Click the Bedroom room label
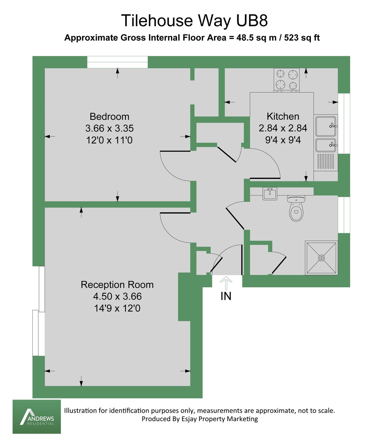109,116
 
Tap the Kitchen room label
283,116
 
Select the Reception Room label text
117,285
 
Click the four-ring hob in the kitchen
287,80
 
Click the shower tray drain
322,258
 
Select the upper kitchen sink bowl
326,126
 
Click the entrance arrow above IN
226,283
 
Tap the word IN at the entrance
226,296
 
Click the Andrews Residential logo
36,417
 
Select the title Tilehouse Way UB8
194,21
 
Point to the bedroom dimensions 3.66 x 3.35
109,129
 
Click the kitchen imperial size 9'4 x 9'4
283,140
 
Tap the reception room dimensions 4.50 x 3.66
117,297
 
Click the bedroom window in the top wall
117,62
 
